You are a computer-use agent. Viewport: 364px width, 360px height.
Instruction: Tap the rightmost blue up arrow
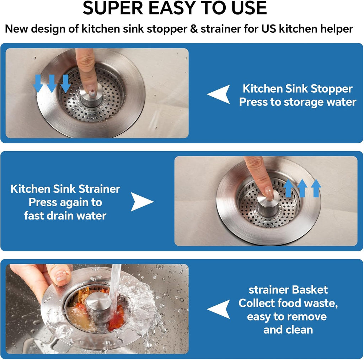(316, 188)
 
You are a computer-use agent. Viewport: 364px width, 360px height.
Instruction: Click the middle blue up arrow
(302, 188)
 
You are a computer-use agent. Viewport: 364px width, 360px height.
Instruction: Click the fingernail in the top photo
(92, 93)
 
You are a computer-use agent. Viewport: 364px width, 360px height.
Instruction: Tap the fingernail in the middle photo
(268, 193)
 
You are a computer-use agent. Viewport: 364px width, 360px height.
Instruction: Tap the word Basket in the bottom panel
(308, 290)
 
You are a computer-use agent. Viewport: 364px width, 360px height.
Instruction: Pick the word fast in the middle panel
(36, 216)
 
